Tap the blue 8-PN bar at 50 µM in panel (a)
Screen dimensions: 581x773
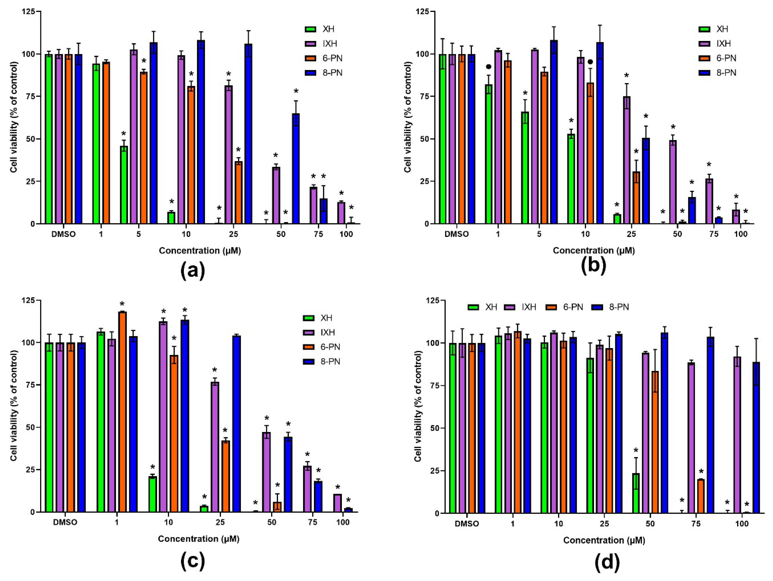pos(296,168)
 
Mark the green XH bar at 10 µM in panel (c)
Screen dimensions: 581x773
pos(152,494)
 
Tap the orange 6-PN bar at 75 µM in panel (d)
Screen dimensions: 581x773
pos(700,496)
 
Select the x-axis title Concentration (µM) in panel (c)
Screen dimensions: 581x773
pos(198,539)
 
